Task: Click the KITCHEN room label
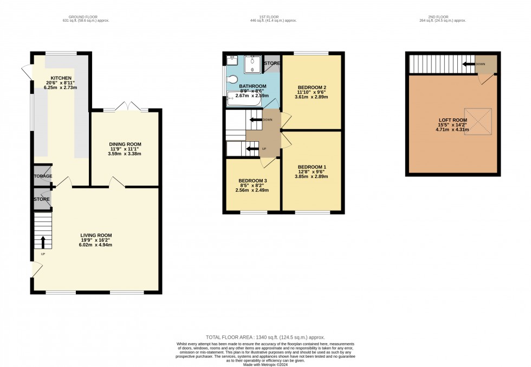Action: [61, 78]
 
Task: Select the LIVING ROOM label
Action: [95, 235]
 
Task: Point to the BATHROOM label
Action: [253, 86]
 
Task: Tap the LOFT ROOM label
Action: [452, 120]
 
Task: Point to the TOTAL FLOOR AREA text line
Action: [265, 337]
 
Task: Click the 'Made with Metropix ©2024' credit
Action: [265, 363]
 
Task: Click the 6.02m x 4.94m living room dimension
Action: [95, 245]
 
